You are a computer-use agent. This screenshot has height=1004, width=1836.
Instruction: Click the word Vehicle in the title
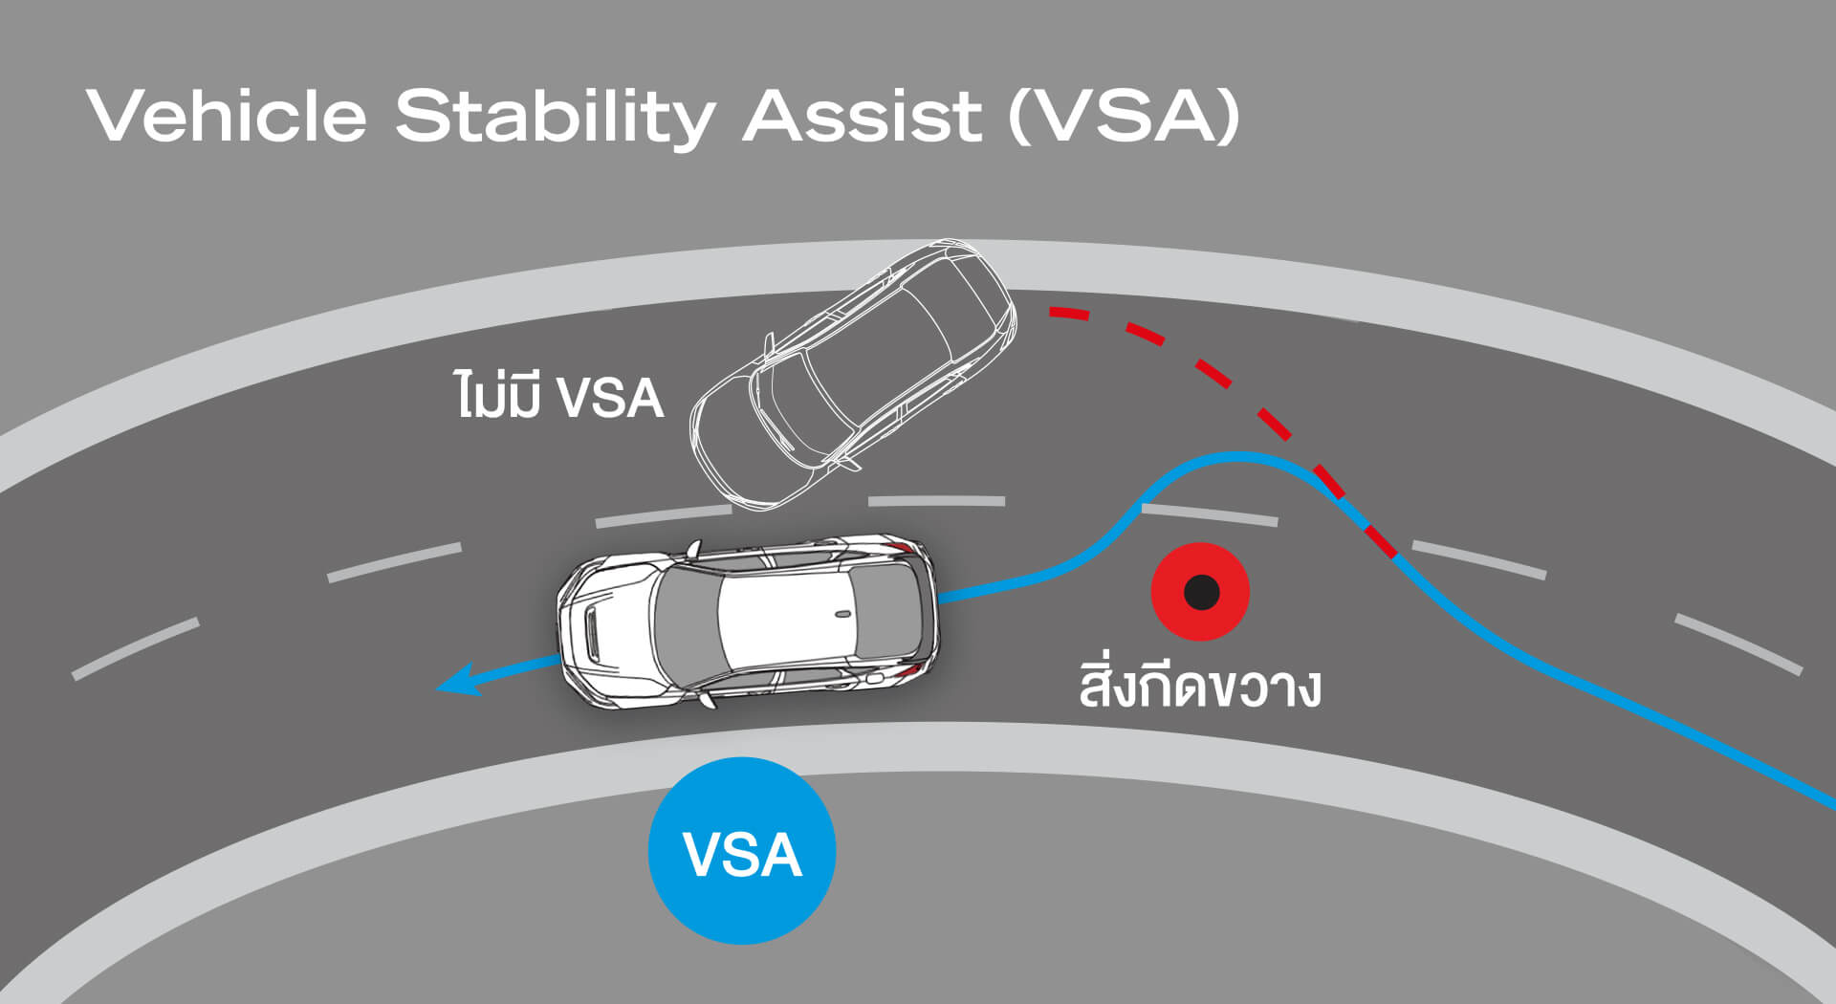coord(227,117)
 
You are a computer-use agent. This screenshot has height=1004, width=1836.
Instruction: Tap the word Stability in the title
coord(555,117)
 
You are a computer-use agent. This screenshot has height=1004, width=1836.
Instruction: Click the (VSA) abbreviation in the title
coord(1125,117)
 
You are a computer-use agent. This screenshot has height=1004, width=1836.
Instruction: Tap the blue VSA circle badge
coord(742,851)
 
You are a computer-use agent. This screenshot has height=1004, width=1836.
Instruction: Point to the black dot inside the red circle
coord(1201,592)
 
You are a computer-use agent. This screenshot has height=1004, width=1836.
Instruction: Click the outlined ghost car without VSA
coord(851,373)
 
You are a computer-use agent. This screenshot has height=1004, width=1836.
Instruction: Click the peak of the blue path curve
coord(1238,458)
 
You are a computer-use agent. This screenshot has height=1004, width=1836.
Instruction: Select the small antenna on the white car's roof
coord(841,614)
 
